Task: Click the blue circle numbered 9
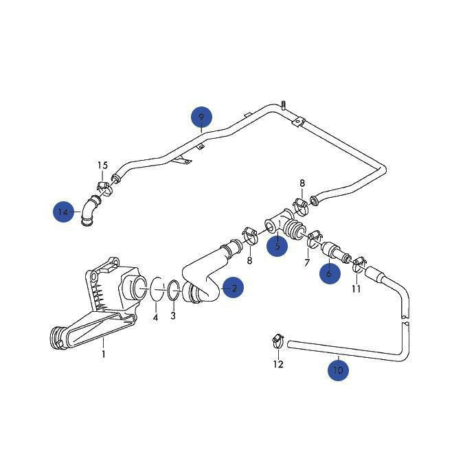click(201, 117)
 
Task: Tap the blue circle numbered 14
click(64, 212)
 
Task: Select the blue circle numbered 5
click(277, 245)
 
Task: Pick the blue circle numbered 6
click(329, 273)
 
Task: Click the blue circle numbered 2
click(234, 288)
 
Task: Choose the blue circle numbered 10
click(338, 370)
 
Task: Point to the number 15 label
click(102, 166)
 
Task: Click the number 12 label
click(278, 364)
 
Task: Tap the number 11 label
click(356, 288)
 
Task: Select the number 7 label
click(307, 264)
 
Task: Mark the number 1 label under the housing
click(104, 354)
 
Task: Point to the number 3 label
click(173, 315)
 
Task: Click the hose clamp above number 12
click(277, 339)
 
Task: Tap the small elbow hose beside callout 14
click(89, 209)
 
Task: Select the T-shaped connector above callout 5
click(277, 225)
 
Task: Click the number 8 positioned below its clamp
click(249, 260)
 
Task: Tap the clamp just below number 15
click(103, 186)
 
